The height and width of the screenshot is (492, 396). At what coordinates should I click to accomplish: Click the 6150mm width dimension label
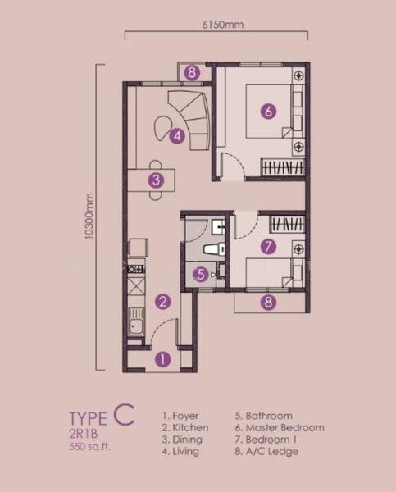click(223, 25)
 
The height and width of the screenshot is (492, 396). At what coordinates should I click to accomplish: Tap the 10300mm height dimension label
click(89, 216)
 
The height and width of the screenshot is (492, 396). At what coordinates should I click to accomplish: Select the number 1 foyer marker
click(163, 359)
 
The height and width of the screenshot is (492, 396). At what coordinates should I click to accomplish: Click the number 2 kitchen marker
click(163, 302)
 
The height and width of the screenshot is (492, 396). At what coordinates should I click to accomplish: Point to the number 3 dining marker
click(156, 180)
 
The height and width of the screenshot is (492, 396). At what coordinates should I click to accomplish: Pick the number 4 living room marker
click(177, 136)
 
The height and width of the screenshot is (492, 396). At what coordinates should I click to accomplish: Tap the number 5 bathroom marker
click(201, 275)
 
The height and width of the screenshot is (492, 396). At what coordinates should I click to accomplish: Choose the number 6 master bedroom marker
click(269, 111)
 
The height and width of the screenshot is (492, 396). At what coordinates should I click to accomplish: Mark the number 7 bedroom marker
click(269, 247)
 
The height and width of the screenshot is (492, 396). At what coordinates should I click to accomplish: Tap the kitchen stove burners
click(136, 269)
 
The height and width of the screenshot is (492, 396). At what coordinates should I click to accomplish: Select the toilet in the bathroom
click(214, 249)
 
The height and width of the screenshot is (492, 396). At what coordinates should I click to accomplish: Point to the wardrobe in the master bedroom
click(283, 167)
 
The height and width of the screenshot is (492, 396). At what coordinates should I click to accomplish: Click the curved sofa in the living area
click(190, 120)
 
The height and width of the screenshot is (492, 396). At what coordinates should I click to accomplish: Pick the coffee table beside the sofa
click(162, 127)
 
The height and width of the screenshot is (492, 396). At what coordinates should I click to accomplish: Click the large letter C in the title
click(125, 415)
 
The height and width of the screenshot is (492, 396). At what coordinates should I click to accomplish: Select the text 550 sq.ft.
click(89, 446)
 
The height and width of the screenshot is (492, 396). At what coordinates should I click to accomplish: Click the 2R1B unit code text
click(83, 434)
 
